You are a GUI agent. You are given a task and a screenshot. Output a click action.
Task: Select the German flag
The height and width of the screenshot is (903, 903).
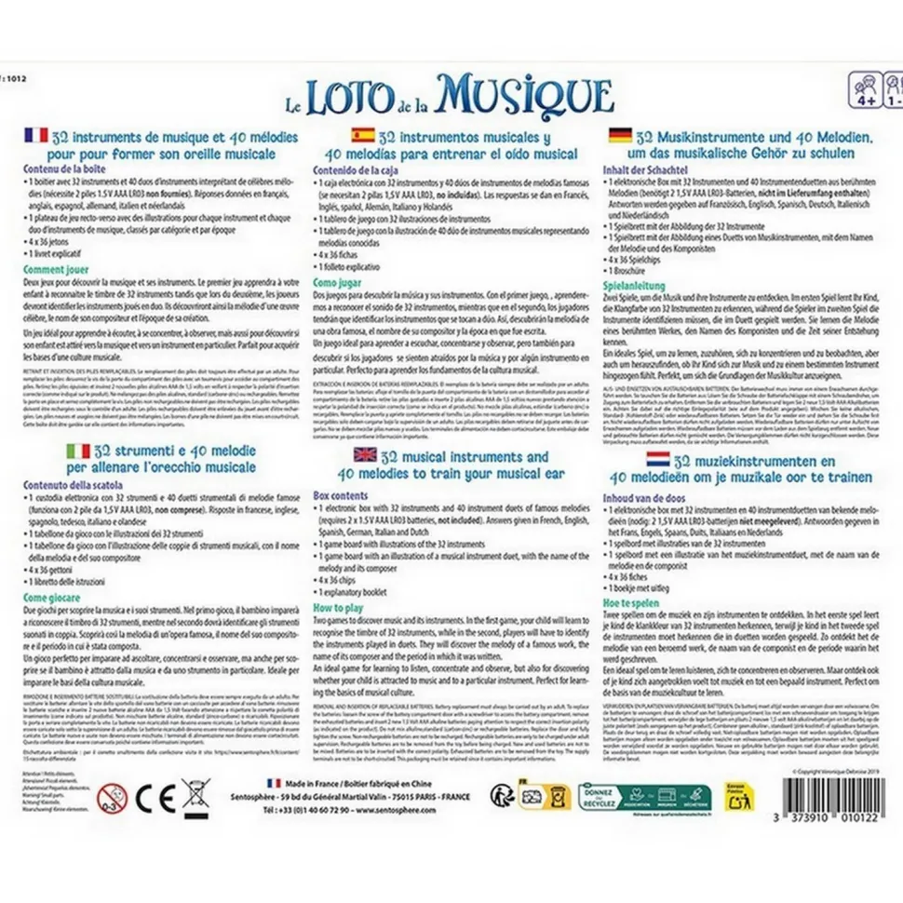[x=618, y=136]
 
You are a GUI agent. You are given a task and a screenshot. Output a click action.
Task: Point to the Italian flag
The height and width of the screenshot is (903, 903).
[x=78, y=451]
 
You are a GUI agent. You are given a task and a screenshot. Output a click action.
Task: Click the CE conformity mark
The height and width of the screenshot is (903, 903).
[x=150, y=797]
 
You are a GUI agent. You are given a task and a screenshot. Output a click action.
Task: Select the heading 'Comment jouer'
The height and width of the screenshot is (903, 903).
[x=61, y=268]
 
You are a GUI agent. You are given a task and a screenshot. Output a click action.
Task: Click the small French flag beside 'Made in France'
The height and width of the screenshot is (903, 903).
[x=274, y=784]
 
